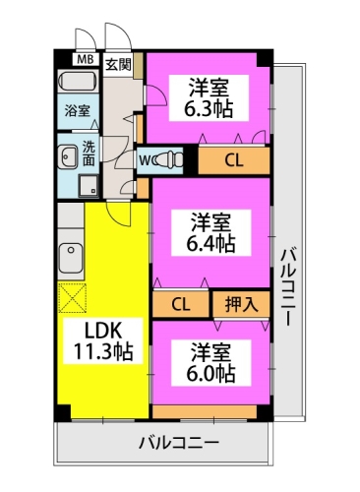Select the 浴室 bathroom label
click(x=77, y=109)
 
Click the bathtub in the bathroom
click(x=80, y=82)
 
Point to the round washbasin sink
click(x=68, y=154)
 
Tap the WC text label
click(x=146, y=158)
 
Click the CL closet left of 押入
click(x=182, y=304)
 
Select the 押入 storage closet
click(x=240, y=304)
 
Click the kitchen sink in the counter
click(x=70, y=257)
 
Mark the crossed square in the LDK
click(x=73, y=297)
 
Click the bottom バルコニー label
click(x=178, y=444)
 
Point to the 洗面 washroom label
click(x=89, y=154)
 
